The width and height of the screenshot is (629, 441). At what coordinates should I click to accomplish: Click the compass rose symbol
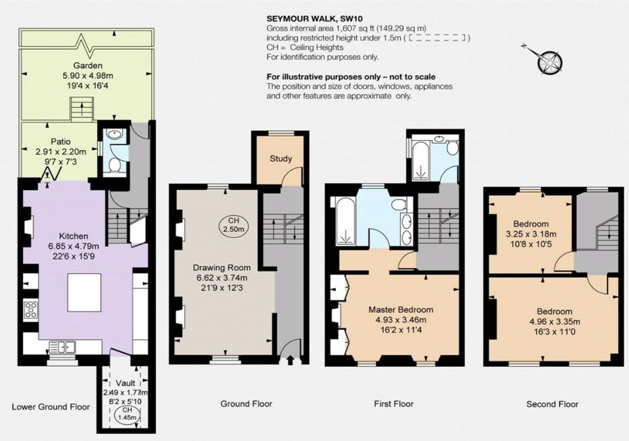point(550,62)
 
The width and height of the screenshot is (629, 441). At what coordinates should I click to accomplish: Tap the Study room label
point(281,159)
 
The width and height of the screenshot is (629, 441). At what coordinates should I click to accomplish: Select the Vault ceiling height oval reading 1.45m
point(127,414)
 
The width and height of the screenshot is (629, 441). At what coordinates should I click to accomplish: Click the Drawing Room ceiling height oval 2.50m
point(234,225)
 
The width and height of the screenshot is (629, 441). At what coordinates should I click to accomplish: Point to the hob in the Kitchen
point(31,310)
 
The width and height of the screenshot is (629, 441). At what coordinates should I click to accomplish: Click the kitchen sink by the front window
point(62,346)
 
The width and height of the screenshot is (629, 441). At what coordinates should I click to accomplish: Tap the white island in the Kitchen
point(84,292)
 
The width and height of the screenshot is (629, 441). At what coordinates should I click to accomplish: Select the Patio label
point(61,142)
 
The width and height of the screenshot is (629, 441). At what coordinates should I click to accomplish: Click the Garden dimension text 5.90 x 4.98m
point(88,76)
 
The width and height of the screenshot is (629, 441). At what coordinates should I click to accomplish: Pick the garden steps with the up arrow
point(82,109)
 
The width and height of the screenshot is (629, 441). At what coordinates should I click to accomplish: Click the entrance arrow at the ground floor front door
point(290,360)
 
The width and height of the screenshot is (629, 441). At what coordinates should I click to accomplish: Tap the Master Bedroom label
point(401,310)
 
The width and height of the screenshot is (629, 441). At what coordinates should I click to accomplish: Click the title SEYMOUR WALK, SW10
point(315,18)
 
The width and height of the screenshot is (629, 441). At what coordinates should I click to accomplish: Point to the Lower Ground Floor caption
point(51,407)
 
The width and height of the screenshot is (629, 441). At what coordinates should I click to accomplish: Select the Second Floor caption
point(552,404)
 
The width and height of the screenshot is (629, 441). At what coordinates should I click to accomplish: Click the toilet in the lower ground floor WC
point(114,165)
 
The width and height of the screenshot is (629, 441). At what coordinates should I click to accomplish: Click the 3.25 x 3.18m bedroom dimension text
point(531,234)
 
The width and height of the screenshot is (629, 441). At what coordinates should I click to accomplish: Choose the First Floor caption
point(394,404)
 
